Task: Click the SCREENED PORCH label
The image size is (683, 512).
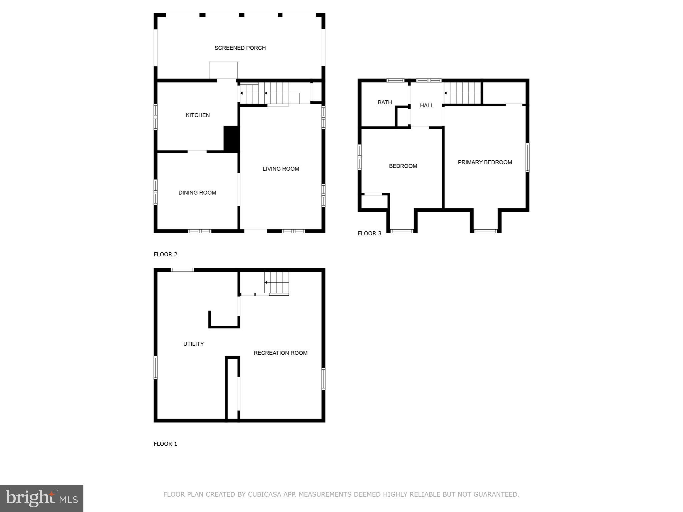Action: click(x=240, y=48)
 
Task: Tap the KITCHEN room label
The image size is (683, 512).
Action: click(x=198, y=115)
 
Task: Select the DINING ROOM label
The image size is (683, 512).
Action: click(x=197, y=193)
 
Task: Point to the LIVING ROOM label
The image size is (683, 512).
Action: click(x=281, y=169)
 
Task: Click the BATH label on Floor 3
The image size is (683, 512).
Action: click(x=385, y=103)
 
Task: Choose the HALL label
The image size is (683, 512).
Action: click(x=427, y=106)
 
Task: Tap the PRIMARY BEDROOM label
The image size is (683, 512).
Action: click(x=485, y=162)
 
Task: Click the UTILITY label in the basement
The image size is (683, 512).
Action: click(x=193, y=344)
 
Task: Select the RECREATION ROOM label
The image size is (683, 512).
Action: click(x=280, y=353)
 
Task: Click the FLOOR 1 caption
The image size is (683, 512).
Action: click(x=165, y=444)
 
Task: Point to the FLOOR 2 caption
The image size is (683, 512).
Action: click(x=165, y=255)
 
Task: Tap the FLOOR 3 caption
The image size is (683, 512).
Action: click(x=369, y=234)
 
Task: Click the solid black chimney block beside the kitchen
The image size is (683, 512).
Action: click(x=230, y=139)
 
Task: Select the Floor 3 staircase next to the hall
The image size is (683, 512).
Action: click(x=462, y=93)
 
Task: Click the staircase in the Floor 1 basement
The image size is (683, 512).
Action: click(x=277, y=283)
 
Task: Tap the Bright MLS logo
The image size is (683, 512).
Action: click(x=41, y=498)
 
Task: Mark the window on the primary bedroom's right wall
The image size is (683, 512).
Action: click(x=527, y=158)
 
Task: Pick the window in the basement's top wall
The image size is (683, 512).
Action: click(x=182, y=270)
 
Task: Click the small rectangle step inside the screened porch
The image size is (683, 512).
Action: click(x=223, y=70)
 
